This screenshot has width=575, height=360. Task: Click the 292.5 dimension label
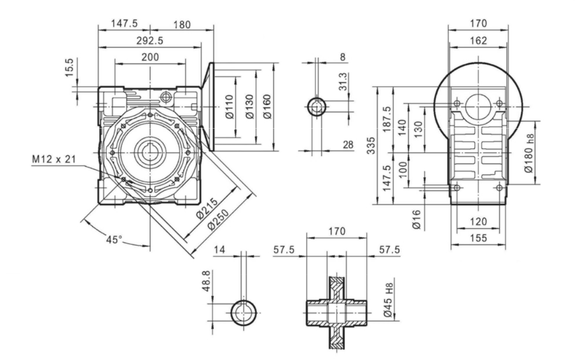point(150,40)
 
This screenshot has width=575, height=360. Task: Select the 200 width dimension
point(150,57)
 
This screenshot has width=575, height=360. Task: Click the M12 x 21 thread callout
point(53,159)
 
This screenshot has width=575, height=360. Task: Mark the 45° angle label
point(113,239)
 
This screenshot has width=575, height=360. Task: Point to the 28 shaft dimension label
point(348,146)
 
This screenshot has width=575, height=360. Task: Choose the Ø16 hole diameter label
point(417,219)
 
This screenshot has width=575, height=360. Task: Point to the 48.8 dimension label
point(207,280)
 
